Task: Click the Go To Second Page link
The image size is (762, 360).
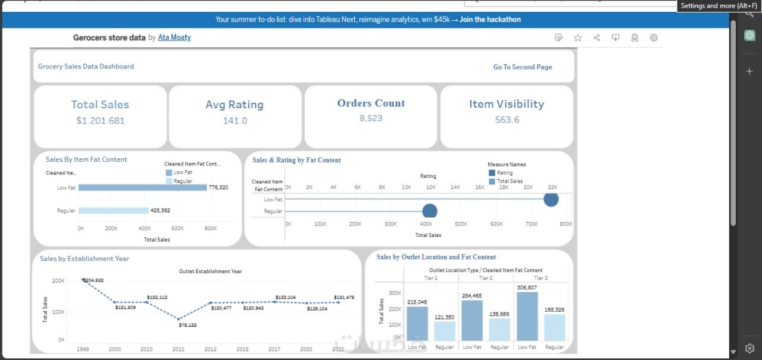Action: (x=522, y=67)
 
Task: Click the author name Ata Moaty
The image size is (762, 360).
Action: (x=174, y=37)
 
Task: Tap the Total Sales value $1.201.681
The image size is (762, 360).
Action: (x=100, y=121)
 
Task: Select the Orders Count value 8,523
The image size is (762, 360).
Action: (x=371, y=118)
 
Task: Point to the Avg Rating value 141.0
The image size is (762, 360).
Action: (x=235, y=121)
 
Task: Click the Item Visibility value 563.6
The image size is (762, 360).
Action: (x=507, y=120)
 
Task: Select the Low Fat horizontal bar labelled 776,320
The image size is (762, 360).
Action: (x=142, y=187)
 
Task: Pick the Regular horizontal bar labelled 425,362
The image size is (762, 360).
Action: (x=113, y=211)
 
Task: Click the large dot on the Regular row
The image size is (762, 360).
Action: (x=429, y=211)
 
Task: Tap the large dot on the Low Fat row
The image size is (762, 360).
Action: (x=551, y=199)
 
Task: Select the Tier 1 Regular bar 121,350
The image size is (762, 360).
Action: (x=444, y=331)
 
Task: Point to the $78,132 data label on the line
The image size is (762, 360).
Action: (x=188, y=325)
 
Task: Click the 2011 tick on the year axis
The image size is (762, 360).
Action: (x=179, y=349)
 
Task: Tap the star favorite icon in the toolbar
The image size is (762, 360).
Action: (x=577, y=37)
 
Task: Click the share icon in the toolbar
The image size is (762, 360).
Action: (x=597, y=37)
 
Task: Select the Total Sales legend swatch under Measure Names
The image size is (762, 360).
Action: (x=492, y=181)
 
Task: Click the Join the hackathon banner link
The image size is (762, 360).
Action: (x=490, y=20)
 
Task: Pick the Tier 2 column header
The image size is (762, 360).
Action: (x=486, y=278)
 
